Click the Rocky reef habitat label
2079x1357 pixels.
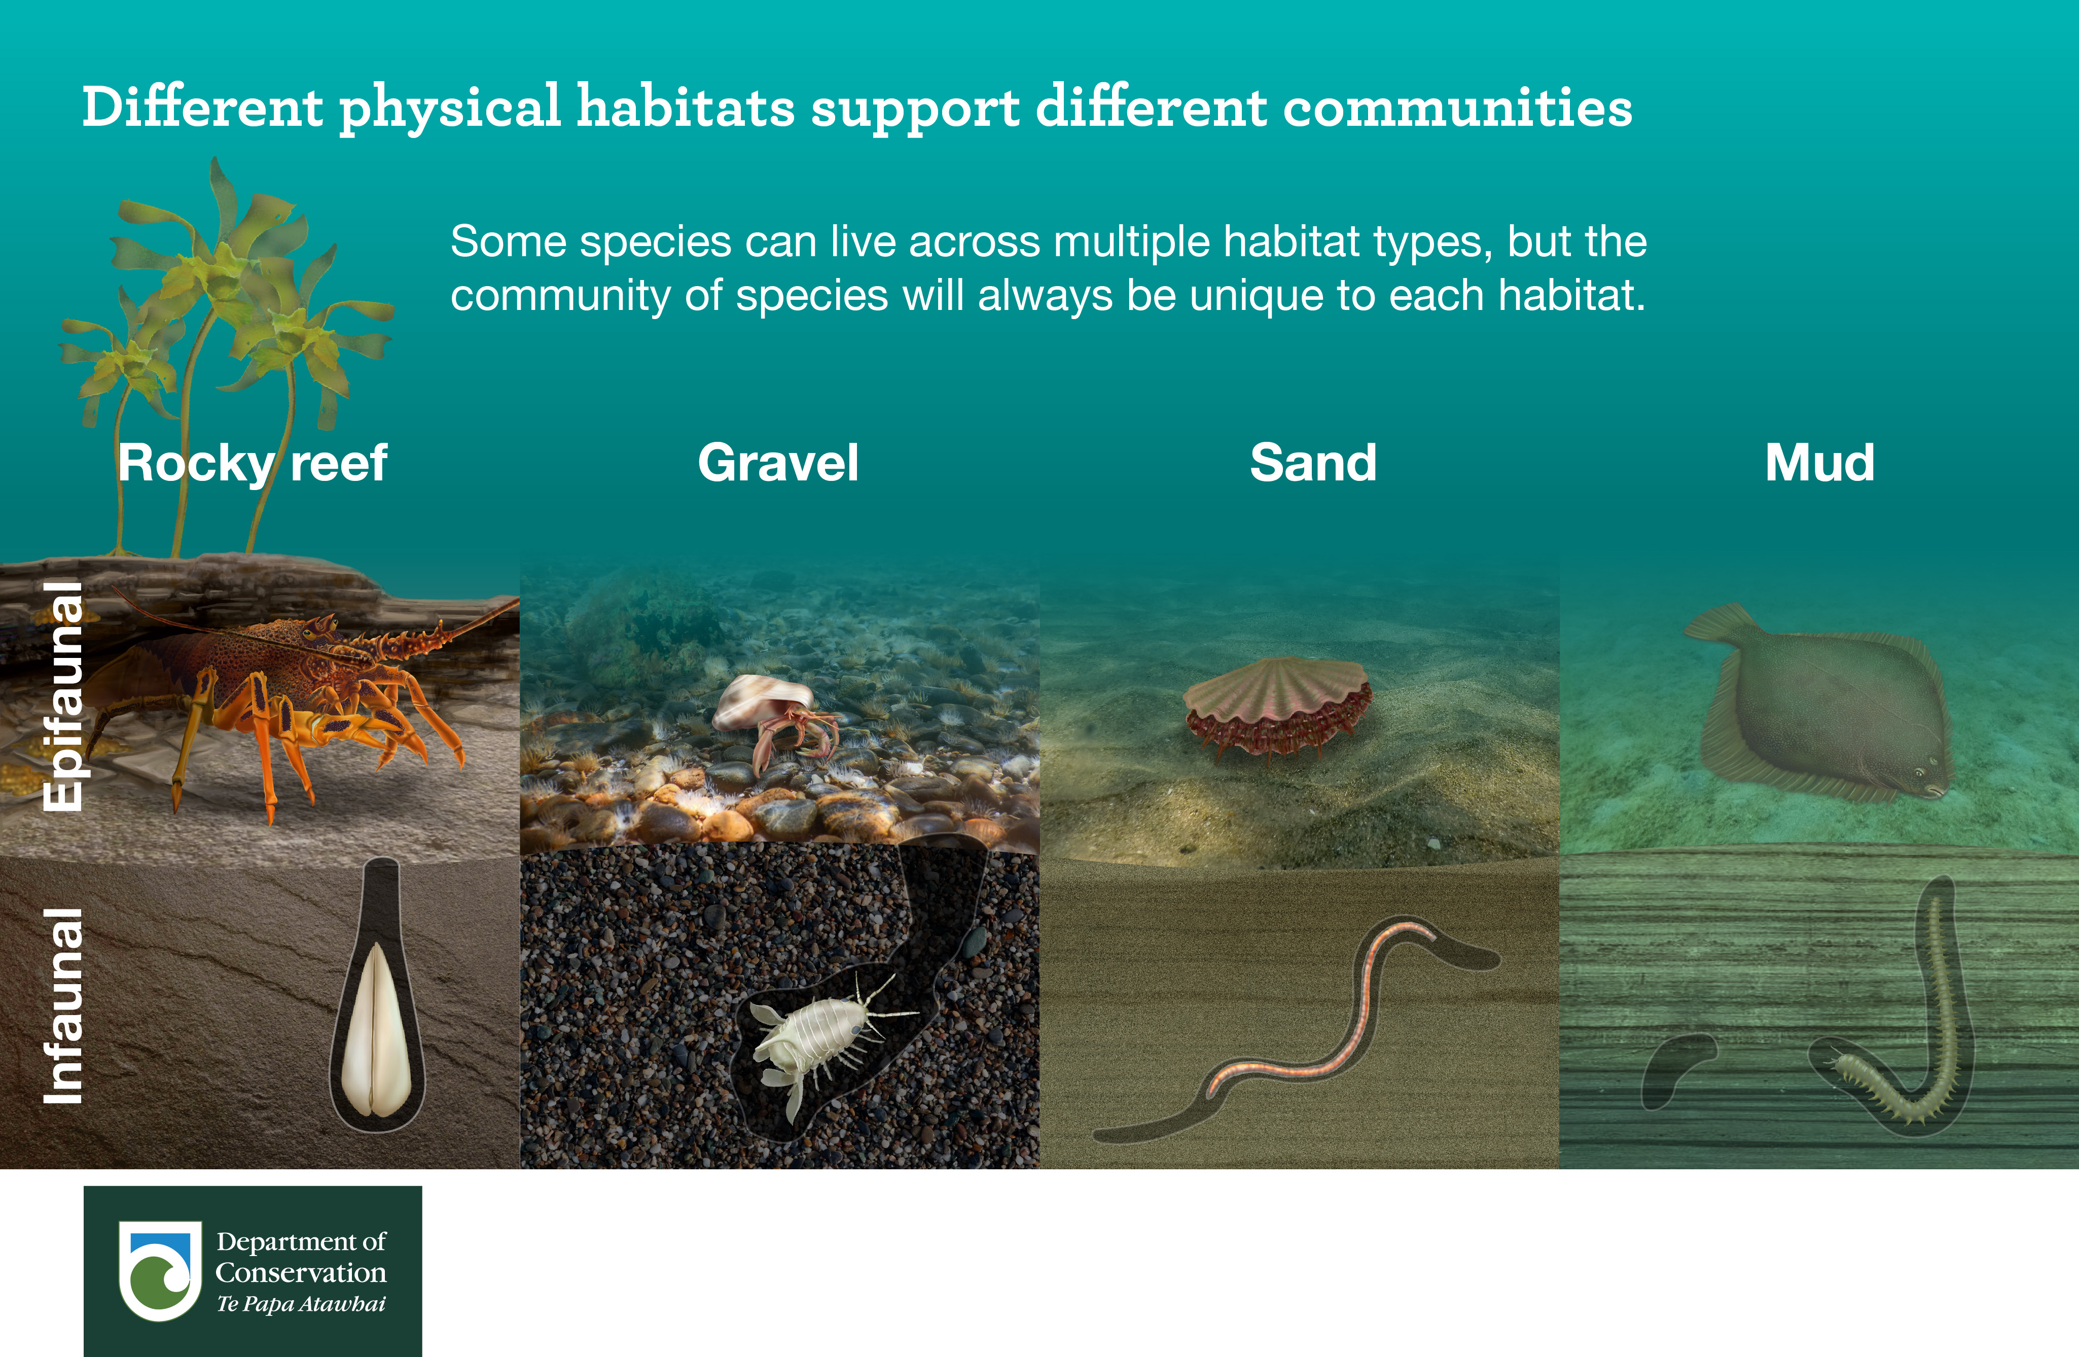(253, 463)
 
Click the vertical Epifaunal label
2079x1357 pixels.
(63, 697)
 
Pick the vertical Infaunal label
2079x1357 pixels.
(63, 1005)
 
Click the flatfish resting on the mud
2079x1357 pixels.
(1821, 704)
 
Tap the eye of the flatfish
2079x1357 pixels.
(1919, 773)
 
